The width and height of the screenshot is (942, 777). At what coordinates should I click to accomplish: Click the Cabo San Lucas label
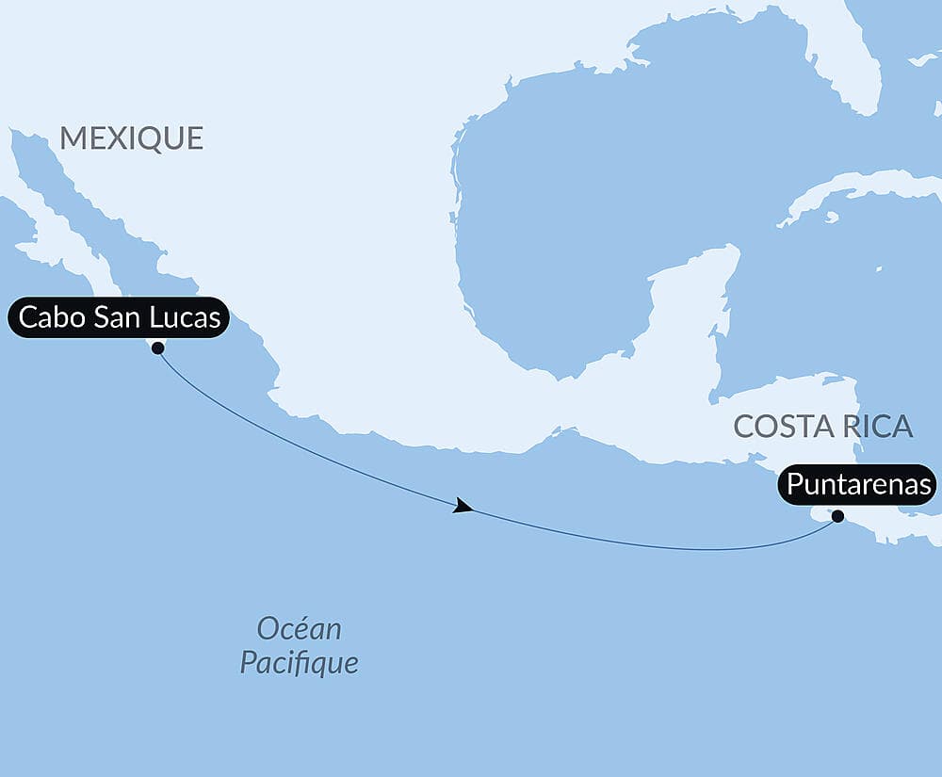click(120, 318)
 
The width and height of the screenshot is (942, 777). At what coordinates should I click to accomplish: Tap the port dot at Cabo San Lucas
click(157, 348)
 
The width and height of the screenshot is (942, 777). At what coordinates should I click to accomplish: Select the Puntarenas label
click(857, 486)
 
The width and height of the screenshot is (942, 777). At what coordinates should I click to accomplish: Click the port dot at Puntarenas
click(837, 515)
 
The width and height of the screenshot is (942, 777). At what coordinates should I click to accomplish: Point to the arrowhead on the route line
click(463, 507)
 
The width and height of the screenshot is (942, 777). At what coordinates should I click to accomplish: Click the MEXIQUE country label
click(131, 138)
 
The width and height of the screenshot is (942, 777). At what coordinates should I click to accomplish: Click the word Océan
click(299, 628)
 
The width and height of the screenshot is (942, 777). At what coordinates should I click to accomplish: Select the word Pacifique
click(299, 662)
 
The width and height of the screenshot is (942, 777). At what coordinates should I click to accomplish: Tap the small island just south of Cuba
click(830, 218)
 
